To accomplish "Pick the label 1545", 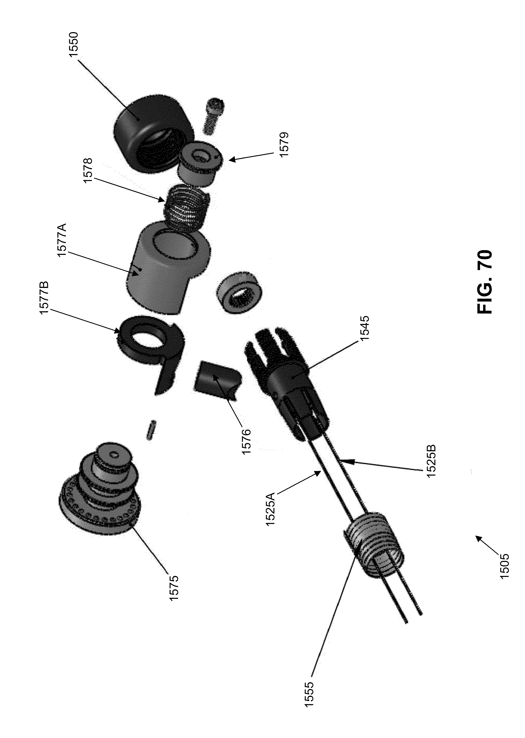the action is click(365, 329).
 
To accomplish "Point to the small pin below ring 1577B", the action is click(152, 429).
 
